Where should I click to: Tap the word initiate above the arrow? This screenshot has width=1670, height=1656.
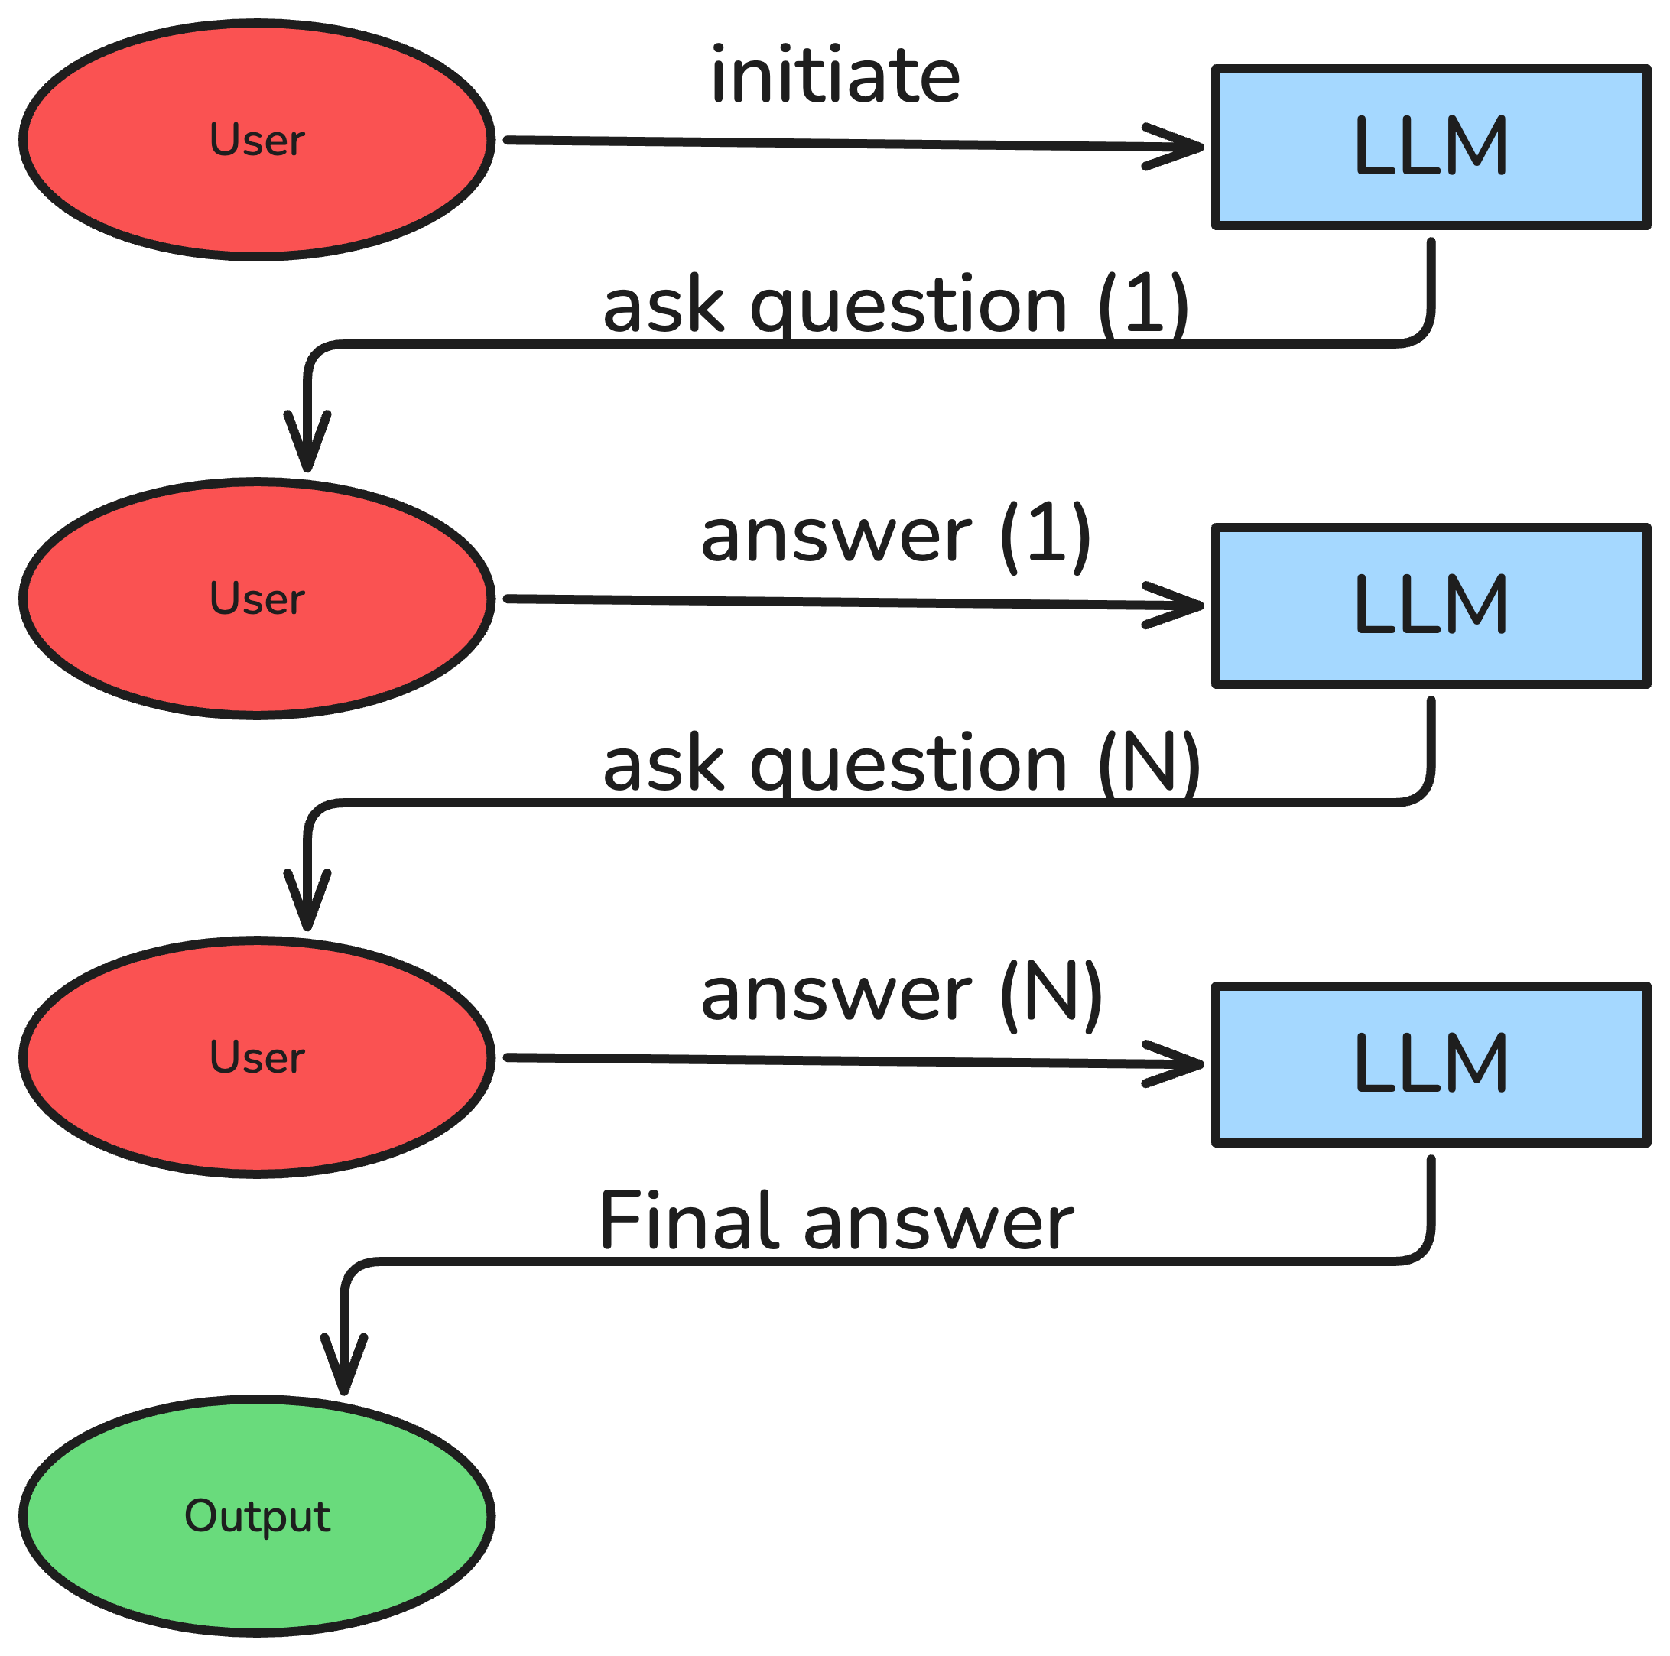click(835, 76)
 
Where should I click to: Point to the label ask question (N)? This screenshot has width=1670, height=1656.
click(901, 764)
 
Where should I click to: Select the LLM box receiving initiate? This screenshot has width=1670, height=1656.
click(1431, 147)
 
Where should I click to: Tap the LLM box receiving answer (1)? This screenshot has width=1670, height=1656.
click(1431, 605)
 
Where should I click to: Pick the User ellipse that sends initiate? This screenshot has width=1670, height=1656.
click(258, 140)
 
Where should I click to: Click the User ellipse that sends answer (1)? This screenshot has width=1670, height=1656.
click(258, 598)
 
